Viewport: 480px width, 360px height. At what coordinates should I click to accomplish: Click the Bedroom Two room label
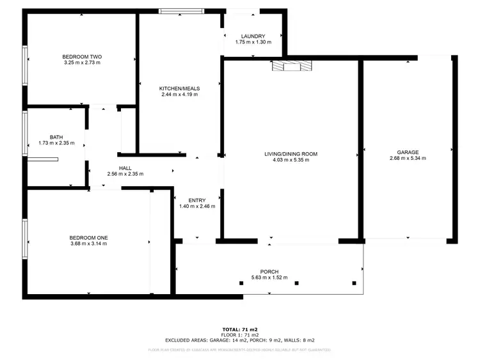coord(82,56)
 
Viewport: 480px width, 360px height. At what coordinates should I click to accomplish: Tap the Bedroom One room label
coord(89,237)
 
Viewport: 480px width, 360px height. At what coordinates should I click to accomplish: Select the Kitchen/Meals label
coord(179,88)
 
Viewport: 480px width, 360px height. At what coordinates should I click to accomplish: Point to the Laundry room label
coord(253,36)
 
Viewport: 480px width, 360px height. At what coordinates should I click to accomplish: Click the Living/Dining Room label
coord(291,153)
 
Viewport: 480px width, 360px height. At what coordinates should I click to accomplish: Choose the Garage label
coord(407,152)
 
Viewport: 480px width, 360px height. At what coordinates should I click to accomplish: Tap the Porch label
coord(269,271)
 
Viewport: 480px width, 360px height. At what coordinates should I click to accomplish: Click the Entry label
coord(196,200)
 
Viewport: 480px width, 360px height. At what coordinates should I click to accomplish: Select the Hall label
coord(125,168)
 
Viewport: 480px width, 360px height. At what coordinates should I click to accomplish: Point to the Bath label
coord(56,136)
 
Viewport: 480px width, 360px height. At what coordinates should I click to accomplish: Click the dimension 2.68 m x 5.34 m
coord(407,159)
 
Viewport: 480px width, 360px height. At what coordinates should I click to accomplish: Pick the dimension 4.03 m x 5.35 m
coord(291,160)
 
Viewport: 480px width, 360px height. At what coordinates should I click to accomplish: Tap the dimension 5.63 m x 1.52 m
coord(269,278)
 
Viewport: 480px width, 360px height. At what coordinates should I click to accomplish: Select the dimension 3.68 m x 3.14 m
coord(89,244)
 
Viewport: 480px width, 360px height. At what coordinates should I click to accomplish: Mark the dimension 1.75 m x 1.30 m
coord(253,42)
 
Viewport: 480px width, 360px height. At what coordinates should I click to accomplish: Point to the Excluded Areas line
coord(239,340)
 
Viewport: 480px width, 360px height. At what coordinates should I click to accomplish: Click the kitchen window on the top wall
coord(182,10)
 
